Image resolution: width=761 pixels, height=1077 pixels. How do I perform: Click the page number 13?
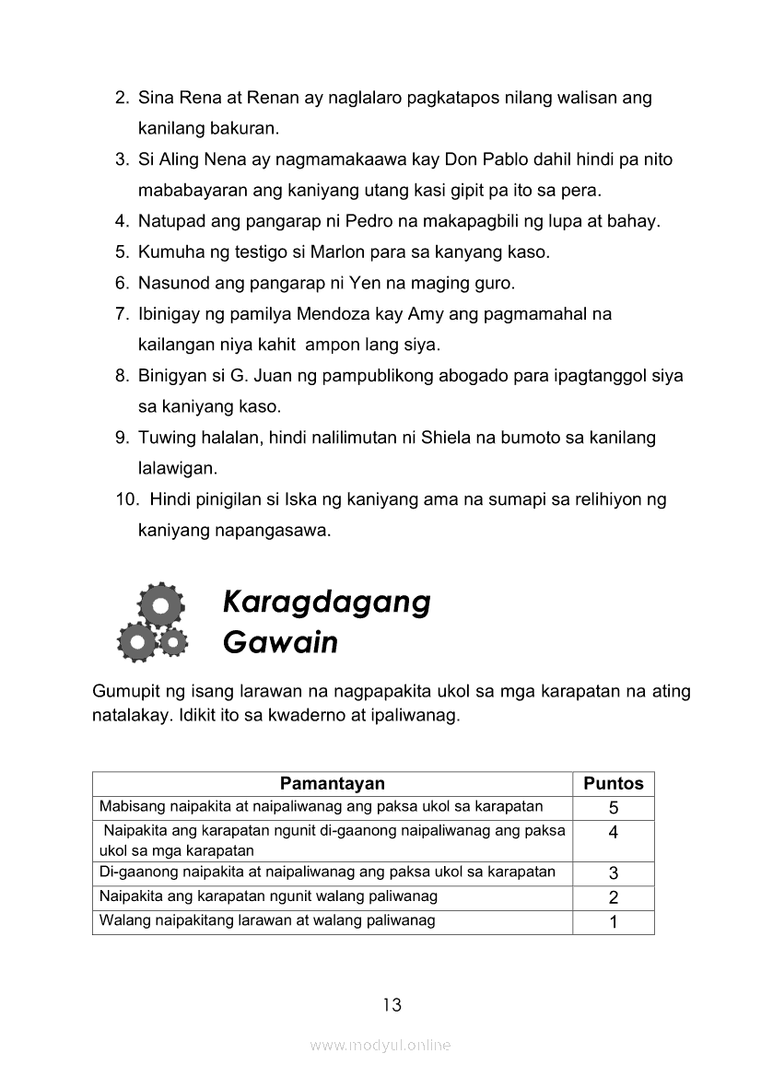click(392, 1005)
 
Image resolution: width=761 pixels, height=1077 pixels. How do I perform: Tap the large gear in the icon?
click(161, 605)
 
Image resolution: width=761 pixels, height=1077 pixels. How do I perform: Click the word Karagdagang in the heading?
click(326, 603)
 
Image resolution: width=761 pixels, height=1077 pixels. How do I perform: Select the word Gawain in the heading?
click(280, 642)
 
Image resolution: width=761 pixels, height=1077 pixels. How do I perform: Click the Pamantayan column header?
click(332, 784)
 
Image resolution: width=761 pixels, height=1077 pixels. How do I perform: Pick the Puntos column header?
click(614, 784)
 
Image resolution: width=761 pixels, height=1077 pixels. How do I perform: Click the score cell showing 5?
click(614, 808)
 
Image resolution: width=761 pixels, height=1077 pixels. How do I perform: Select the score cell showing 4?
click(614, 833)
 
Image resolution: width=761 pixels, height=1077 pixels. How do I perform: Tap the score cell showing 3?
click(614, 873)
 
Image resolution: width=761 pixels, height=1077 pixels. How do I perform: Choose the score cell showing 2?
click(614, 897)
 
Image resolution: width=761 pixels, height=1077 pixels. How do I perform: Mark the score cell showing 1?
click(614, 922)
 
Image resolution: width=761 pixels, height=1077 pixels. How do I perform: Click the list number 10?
click(125, 500)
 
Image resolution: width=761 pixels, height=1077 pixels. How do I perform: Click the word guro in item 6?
click(493, 283)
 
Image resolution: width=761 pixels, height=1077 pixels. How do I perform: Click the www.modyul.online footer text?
click(380, 1046)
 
